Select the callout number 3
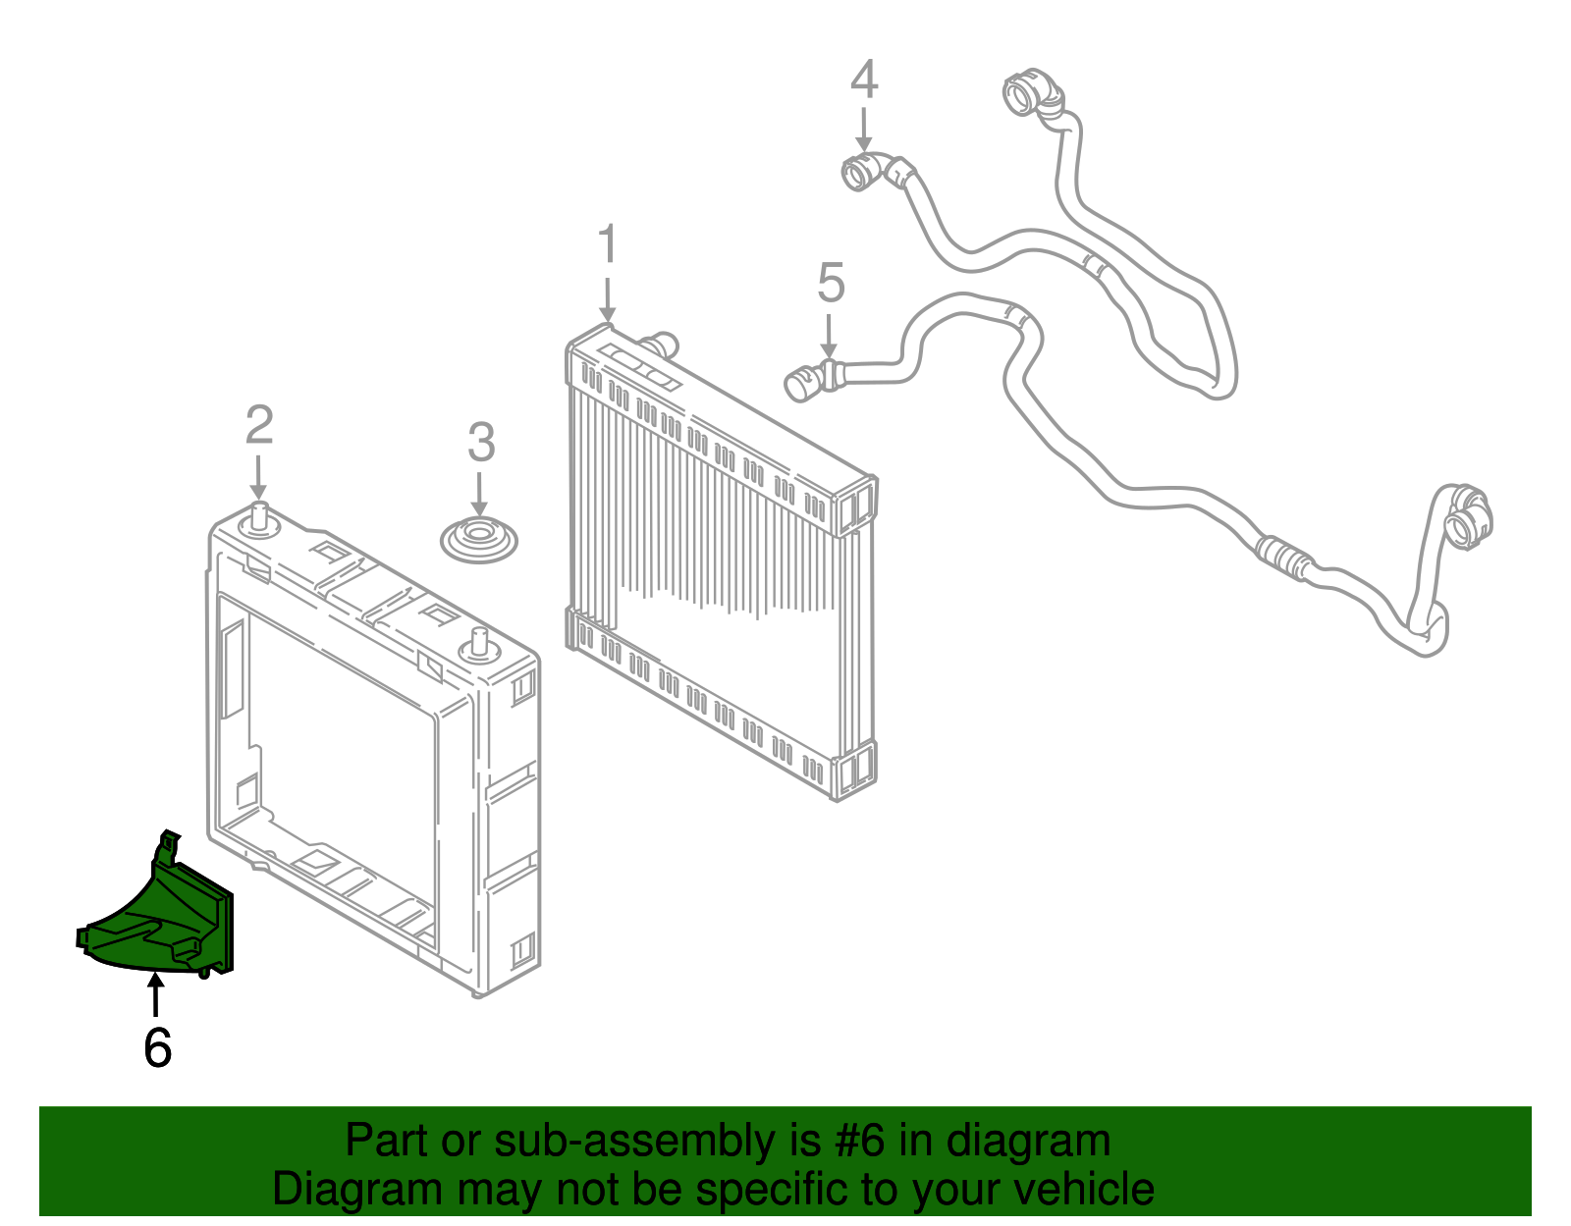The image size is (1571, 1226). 481,442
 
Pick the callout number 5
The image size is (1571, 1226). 831,283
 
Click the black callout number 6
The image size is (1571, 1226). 158,1046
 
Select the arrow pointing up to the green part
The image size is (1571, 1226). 155,995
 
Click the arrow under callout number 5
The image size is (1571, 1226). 830,337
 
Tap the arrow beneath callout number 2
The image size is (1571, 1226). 258,477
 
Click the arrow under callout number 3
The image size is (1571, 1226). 478,496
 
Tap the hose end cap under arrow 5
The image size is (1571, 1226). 805,382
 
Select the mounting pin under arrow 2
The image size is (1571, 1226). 259,519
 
